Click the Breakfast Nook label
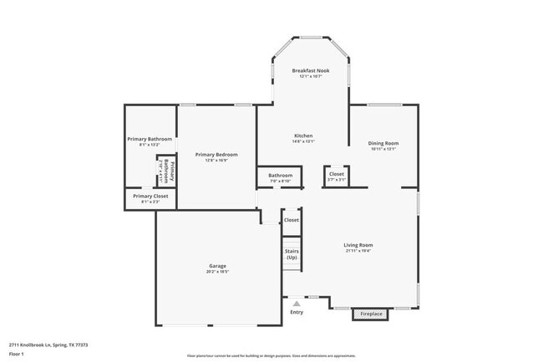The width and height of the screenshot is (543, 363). pyautogui.click(x=310, y=71)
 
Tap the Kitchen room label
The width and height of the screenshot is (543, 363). pyautogui.click(x=303, y=135)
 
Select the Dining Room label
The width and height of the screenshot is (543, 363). pyautogui.click(x=383, y=143)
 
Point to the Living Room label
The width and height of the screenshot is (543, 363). pyautogui.click(x=358, y=245)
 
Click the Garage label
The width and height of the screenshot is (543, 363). pyautogui.click(x=217, y=266)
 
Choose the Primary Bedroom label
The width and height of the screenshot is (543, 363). pyautogui.click(x=216, y=155)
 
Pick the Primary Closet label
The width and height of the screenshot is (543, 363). pyautogui.click(x=150, y=196)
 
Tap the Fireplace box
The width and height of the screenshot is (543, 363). pyautogui.click(x=371, y=314)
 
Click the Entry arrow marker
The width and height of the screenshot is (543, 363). pyautogui.click(x=297, y=304)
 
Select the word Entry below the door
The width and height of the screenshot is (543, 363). pyautogui.click(x=297, y=313)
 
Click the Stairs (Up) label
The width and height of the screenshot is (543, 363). pyautogui.click(x=292, y=254)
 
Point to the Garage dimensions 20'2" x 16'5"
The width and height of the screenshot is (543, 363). pyautogui.click(x=217, y=272)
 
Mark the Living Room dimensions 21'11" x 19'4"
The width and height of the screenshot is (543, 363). pyautogui.click(x=358, y=251)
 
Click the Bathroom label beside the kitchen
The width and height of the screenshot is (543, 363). pyautogui.click(x=280, y=176)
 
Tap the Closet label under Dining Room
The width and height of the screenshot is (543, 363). pyautogui.click(x=336, y=174)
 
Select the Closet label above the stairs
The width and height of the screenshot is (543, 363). pyautogui.click(x=292, y=220)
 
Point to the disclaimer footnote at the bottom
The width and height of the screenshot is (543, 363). pyautogui.click(x=271, y=356)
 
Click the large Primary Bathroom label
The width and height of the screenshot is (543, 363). pyautogui.click(x=150, y=139)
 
